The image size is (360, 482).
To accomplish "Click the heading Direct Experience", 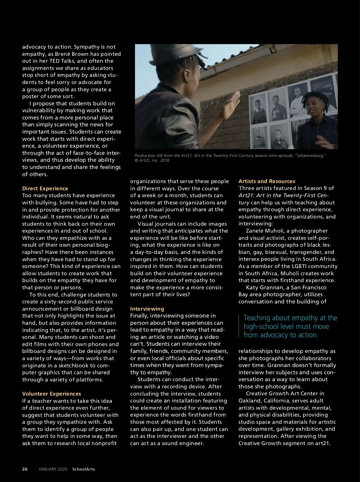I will pyautogui.click(x=45, y=188).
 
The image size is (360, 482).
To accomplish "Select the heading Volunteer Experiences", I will pyautogui.click(x=52, y=394).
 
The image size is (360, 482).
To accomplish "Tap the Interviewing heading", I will pyautogui.click(x=147, y=309).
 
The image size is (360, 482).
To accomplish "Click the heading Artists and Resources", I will pyautogui.click(x=267, y=181).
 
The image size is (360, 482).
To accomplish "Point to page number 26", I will pyautogui.click(x=25, y=469).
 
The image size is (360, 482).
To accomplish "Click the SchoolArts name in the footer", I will pyautogui.click(x=83, y=469).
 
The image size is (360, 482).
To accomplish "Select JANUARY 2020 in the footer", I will pyautogui.click(x=53, y=469).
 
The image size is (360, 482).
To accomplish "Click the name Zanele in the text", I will pyautogui.click(x=254, y=231).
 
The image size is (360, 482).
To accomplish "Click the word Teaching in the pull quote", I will pyautogui.click(x=256, y=318).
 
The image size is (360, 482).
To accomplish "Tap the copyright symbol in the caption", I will pyautogui.click(x=136, y=160).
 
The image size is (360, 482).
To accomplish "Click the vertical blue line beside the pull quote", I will pyautogui.click(x=239, y=326).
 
